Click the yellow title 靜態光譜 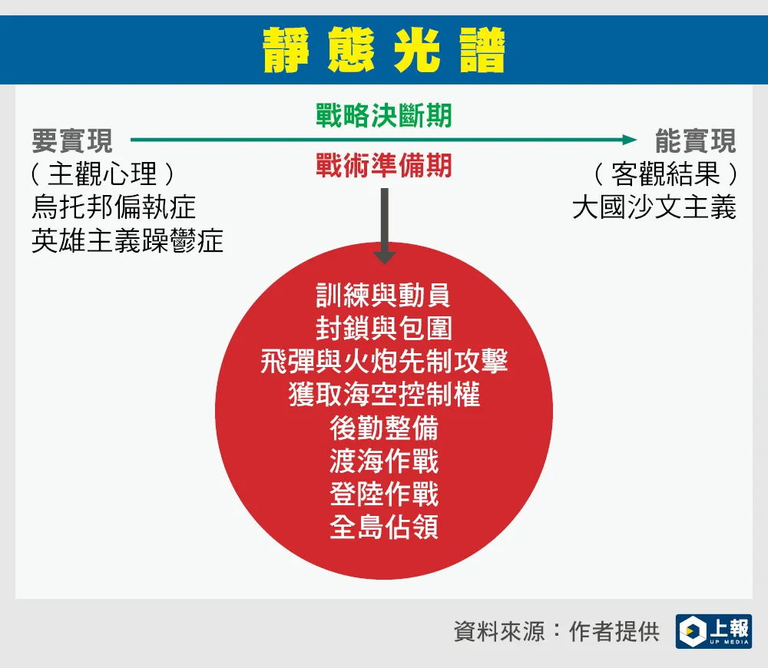pyautogui.click(x=384, y=49)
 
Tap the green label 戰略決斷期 pyautogui.click(x=383, y=116)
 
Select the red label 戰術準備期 pyautogui.click(x=383, y=165)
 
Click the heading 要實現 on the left pyautogui.click(x=72, y=141)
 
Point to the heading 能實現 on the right pyautogui.click(x=696, y=141)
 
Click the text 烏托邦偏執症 pyautogui.click(x=114, y=207)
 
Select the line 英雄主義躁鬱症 pyautogui.click(x=127, y=240)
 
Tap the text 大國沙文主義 pyautogui.click(x=654, y=207)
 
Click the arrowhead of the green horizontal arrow pyautogui.click(x=630, y=140)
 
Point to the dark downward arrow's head pyautogui.click(x=385, y=258)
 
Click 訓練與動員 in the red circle pyautogui.click(x=383, y=295)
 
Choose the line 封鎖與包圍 pyautogui.click(x=383, y=328)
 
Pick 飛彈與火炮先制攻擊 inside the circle pyautogui.click(x=384, y=362)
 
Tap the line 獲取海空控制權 pyautogui.click(x=384, y=395)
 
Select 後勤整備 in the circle pyautogui.click(x=384, y=428)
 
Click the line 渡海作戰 pyautogui.click(x=384, y=461)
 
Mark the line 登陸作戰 pyautogui.click(x=384, y=494)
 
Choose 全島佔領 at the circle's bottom pyautogui.click(x=384, y=527)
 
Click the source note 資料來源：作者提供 pyautogui.click(x=556, y=632)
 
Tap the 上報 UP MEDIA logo pyautogui.click(x=713, y=631)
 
